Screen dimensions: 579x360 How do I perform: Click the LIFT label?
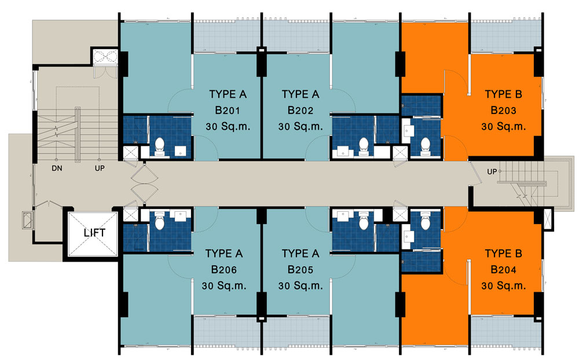point(94,233)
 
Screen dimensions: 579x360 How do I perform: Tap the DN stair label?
point(57,168)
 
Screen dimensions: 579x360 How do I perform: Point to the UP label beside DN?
point(100,168)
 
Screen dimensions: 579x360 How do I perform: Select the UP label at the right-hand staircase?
point(492,172)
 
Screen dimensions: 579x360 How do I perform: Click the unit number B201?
point(228,111)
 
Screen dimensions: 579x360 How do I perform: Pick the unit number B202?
point(300,111)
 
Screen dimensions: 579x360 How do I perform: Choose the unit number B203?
point(503,111)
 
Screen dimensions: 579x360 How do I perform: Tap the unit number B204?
point(503,270)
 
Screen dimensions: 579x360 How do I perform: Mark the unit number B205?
point(300,270)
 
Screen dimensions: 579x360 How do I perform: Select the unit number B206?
point(223,270)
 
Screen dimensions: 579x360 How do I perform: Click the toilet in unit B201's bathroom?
point(160,147)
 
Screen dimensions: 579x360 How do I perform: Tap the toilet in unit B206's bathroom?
point(160,220)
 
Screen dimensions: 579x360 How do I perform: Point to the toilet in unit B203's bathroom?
point(426,146)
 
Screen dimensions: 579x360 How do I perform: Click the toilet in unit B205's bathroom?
point(364,220)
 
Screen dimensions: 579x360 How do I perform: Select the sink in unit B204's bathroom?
point(407,236)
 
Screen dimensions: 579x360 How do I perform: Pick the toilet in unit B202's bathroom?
point(364,147)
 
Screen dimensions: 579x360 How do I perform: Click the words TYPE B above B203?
point(503,94)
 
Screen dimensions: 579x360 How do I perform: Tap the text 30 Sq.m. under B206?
point(223,286)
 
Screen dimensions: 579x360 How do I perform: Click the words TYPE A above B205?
point(300,254)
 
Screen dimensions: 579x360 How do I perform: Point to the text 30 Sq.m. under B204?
point(503,286)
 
